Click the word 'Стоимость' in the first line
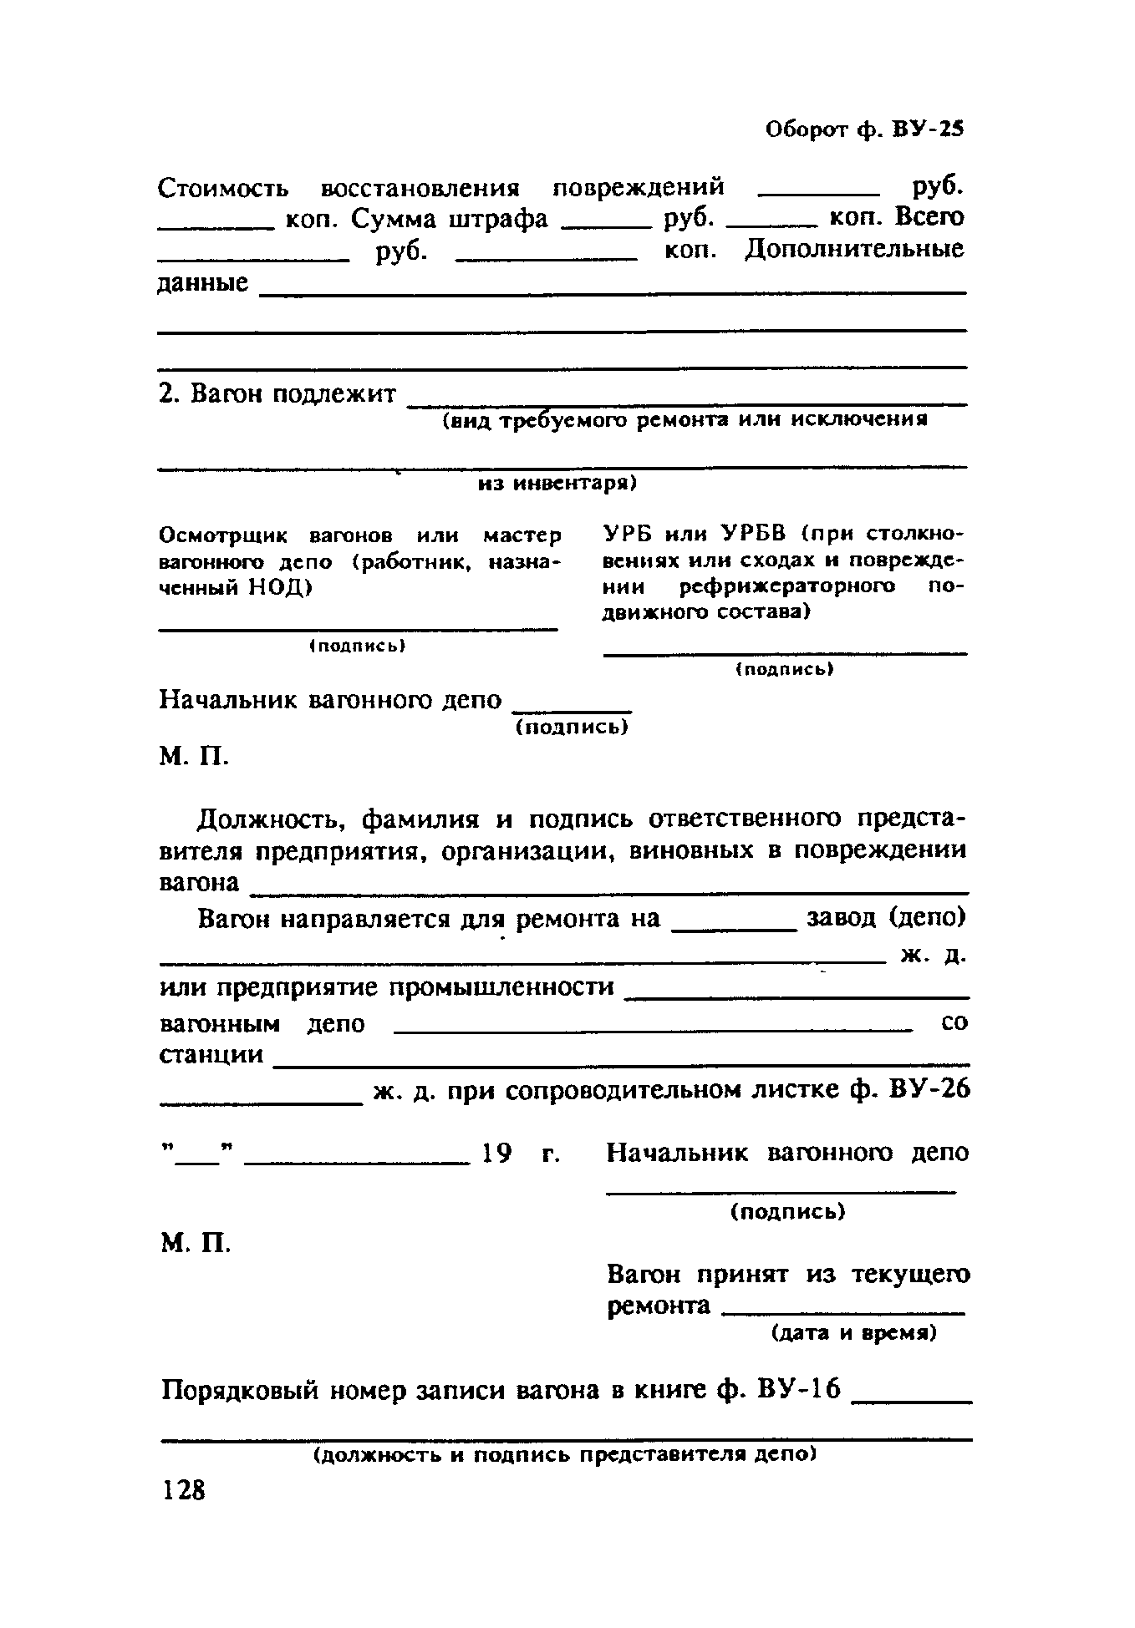[223, 187]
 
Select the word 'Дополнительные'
[853, 250]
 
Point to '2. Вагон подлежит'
[277, 393]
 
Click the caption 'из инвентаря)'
[557, 484]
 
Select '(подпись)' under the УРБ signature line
[785, 669]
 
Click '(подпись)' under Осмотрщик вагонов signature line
[357, 646]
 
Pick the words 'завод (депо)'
[885, 918]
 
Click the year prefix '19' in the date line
[496, 1154]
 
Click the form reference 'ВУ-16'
[797, 1391]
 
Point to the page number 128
[184, 1489]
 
